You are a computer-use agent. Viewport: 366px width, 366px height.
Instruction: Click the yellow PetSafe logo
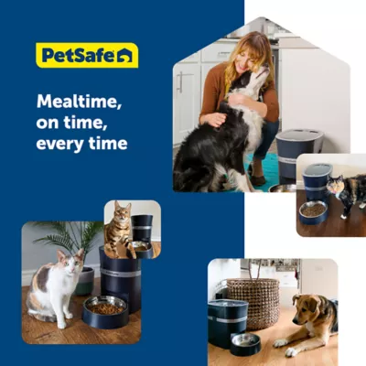(x=87, y=55)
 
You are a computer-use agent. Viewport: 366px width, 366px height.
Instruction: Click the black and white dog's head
(x=250, y=80)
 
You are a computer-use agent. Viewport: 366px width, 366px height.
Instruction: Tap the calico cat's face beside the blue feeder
(x=336, y=186)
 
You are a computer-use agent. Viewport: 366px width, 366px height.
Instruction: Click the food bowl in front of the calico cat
(x=313, y=212)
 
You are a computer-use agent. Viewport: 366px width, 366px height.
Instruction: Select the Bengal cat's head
(x=122, y=211)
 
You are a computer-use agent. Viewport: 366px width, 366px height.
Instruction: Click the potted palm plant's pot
(x=84, y=281)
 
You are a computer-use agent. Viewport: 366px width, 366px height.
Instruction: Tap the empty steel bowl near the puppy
(x=245, y=344)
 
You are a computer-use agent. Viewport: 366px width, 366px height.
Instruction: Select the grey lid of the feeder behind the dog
(x=300, y=136)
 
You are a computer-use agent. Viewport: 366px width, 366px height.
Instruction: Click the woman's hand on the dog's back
(x=215, y=119)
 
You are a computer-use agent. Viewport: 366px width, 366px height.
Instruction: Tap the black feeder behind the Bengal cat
(x=142, y=230)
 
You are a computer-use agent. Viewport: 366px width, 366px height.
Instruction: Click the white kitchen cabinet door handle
(x=180, y=82)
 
